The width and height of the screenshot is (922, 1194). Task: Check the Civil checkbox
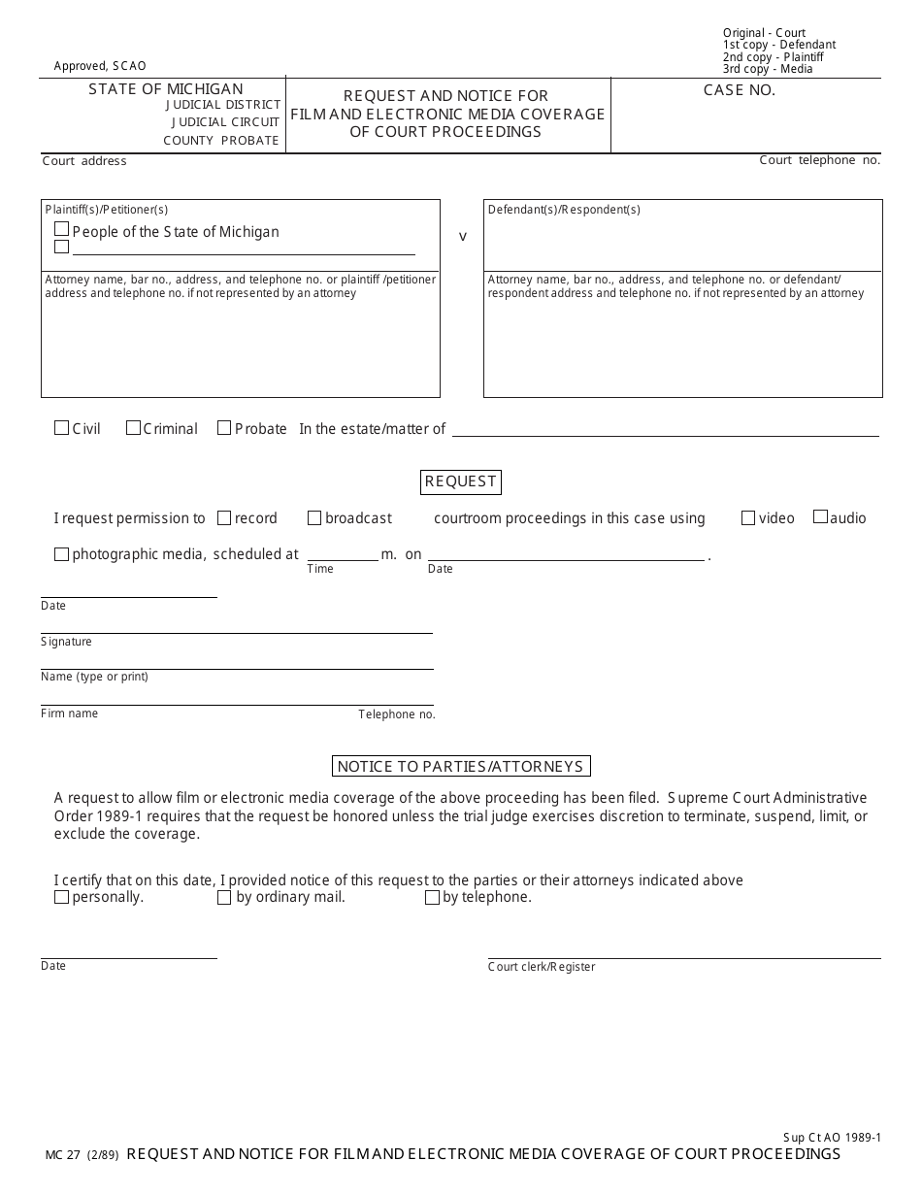[61, 428]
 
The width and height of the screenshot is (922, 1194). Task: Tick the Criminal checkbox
[133, 428]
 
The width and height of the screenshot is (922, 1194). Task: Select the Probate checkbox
[224, 428]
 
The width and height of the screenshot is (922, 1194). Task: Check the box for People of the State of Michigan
[62, 230]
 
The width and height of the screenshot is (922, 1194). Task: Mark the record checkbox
[224, 518]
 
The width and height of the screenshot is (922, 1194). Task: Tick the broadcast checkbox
[314, 518]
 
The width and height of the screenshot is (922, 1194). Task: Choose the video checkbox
[748, 518]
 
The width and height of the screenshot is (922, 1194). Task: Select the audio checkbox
[820, 517]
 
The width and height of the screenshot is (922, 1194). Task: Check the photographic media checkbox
[61, 554]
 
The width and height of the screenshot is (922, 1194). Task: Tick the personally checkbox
[61, 898]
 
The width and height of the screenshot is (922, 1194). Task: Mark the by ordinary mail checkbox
[224, 898]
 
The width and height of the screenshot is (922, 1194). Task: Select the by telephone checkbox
[432, 898]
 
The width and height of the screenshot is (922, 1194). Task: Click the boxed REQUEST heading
[461, 481]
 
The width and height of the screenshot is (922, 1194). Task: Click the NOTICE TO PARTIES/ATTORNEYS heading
[461, 767]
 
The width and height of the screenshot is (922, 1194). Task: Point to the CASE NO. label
[740, 90]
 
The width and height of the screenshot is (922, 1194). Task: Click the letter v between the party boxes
[462, 236]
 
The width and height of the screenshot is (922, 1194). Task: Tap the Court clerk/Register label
[542, 967]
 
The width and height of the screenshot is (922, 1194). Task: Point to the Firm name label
[70, 713]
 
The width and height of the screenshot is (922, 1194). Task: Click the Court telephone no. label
[819, 160]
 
